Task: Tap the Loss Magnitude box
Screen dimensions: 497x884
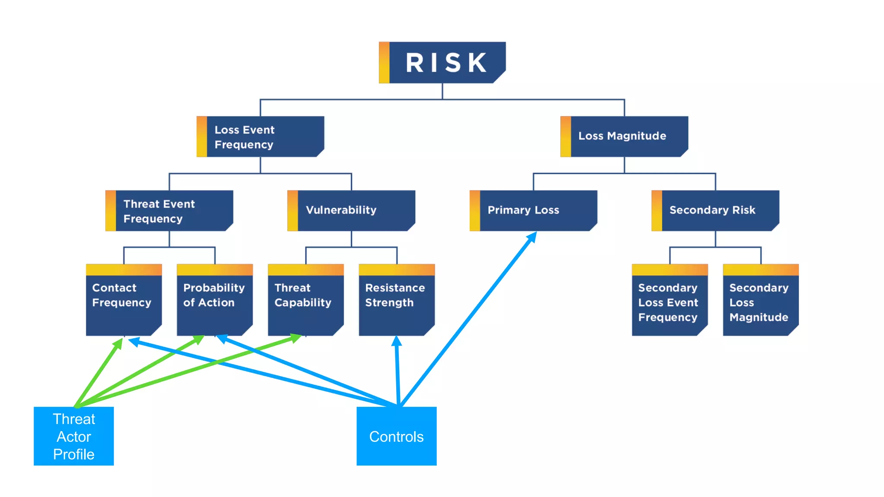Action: [624, 136]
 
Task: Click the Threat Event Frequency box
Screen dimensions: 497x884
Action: [169, 211]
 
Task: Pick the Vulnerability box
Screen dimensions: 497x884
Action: [351, 211]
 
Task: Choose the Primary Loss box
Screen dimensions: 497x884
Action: [534, 211]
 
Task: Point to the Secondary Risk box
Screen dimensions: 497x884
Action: [715, 211]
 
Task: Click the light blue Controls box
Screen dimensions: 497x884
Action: [396, 436]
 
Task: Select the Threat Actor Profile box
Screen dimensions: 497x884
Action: [74, 436]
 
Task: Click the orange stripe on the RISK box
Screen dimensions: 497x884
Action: [384, 63]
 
